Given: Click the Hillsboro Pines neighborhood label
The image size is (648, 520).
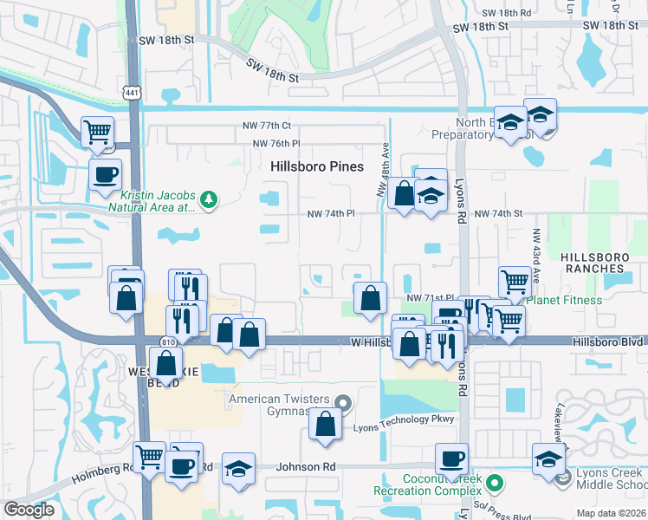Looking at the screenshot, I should (316, 166).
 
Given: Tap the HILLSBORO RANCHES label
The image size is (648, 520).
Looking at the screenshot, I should (605, 263).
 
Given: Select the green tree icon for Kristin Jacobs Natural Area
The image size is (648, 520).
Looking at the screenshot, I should (208, 200).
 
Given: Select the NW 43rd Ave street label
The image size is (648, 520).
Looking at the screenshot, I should (537, 247).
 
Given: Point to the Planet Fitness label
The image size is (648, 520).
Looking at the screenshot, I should (564, 301).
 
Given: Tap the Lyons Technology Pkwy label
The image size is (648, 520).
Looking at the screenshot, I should (404, 419).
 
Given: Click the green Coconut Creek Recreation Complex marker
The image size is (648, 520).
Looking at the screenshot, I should (494, 482).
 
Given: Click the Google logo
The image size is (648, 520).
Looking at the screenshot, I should (29, 510).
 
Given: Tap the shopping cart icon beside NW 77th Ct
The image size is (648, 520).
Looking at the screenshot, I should (97, 132).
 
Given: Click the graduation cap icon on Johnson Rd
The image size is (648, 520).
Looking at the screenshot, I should (238, 468).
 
